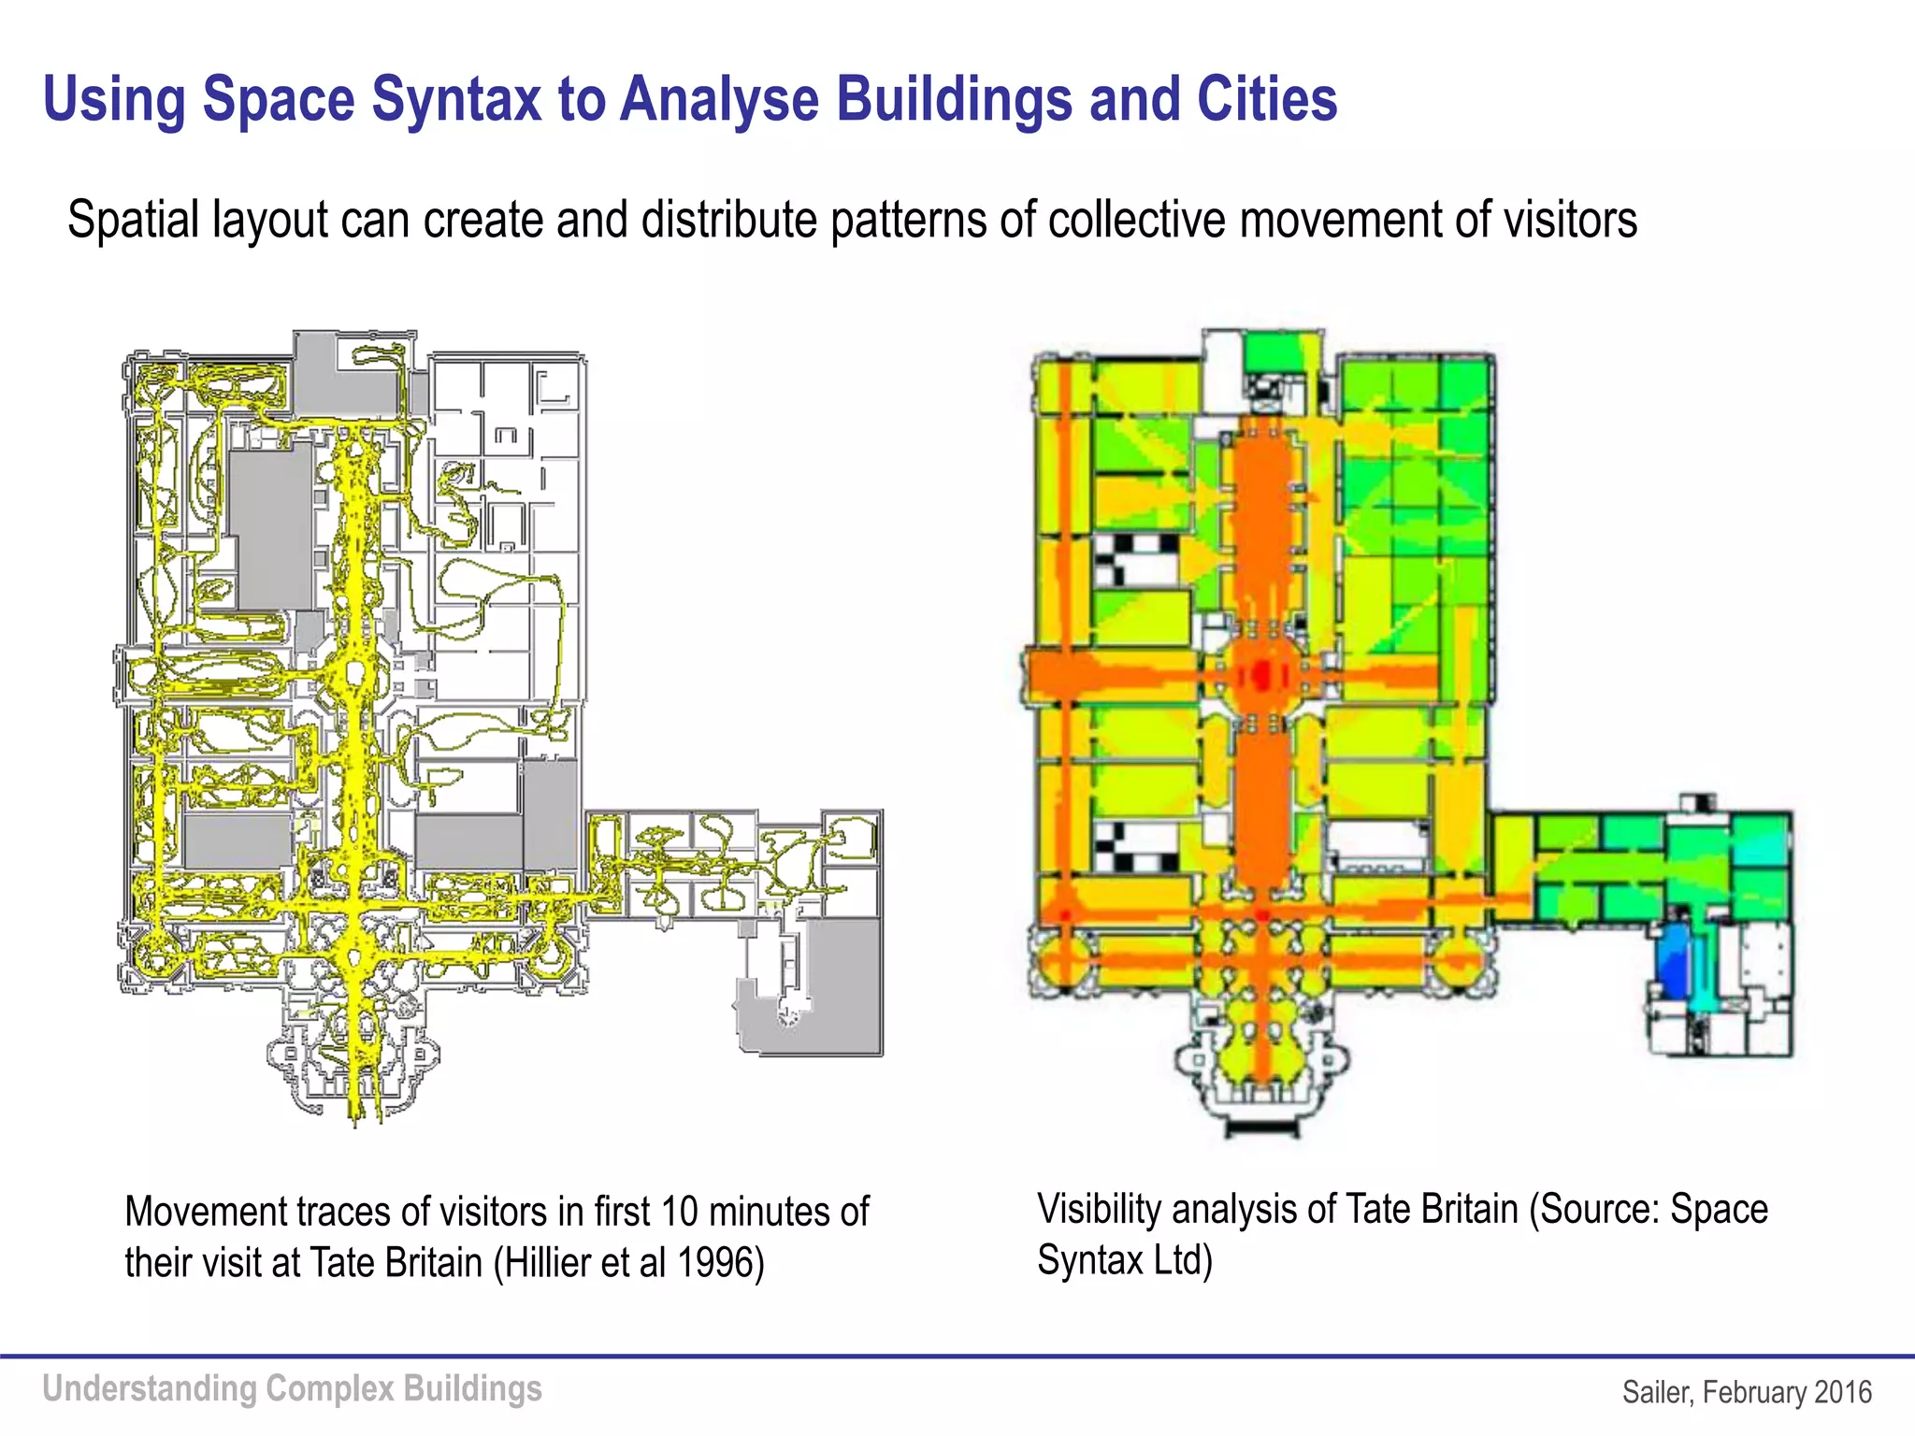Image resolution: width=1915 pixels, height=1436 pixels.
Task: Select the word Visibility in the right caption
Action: click(1098, 1210)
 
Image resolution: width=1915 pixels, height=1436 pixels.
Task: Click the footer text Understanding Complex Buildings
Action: click(292, 1389)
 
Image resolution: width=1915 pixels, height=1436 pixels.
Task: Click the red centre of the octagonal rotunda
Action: click(1261, 674)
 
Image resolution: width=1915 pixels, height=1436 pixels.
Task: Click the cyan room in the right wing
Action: click(1763, 841)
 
